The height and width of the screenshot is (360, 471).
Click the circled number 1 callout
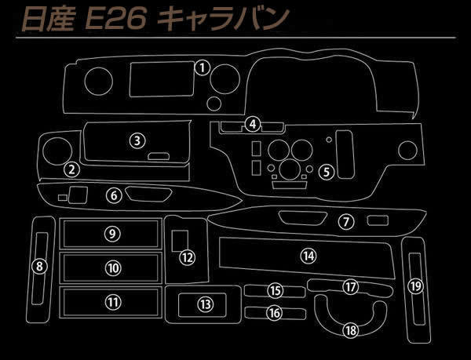[x=203, y=67]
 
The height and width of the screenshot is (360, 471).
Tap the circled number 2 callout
[x=71, y=169]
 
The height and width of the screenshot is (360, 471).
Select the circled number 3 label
[x=137, y=140]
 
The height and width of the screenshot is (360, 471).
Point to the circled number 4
[x=253, y=124]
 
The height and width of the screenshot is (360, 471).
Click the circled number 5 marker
[x=327, y=172]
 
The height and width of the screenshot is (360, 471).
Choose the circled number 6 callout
[x=114, y=195]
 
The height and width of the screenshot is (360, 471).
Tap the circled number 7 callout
[x=346, y=222]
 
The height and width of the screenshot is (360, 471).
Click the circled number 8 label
[x=40, y=266]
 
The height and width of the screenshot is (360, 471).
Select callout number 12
[x=188, y=257]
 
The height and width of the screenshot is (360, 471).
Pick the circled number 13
[x=206, y=304]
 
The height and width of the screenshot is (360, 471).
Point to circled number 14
[x=309, y=256]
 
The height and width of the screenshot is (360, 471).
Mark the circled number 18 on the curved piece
[x=351, y=331]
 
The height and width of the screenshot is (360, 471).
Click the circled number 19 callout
[x=416, y=286]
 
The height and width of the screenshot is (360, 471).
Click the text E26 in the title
[x=116, y=19]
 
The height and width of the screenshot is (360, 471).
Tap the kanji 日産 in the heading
[x=48, y=20]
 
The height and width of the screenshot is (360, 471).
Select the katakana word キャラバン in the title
[x=224, y=19]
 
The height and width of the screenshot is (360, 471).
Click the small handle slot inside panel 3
[x=159, y=156]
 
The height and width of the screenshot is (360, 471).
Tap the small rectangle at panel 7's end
[x=378, y=220]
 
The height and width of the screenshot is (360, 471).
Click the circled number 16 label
[x=274, y=313]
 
